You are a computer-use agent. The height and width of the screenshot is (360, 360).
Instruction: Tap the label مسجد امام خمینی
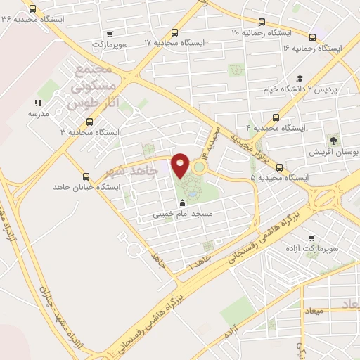click(x=188, y=212)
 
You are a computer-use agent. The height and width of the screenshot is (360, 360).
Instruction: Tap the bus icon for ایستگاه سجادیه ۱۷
click(x=174, y=32)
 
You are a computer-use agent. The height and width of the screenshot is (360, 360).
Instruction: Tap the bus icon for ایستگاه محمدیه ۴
click(x=276, y=118)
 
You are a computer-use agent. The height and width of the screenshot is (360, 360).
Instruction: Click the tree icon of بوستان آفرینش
click(x=333, y=141)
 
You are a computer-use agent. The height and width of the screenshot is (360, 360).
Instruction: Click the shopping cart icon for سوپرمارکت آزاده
click(x=311, y=239)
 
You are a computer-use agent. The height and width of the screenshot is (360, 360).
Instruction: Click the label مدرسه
click(x=39, y=113)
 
